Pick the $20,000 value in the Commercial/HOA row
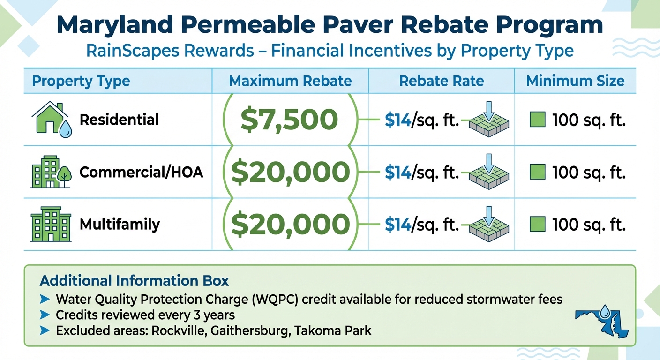point(290,172)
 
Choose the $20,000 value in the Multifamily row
point(290,225)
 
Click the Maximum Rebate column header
point(290,81)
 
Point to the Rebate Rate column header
point(442,81)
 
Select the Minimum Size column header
point(575,81)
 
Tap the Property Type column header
point(81,81)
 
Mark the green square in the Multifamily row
point(537,225)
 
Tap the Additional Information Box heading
point(135,281)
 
